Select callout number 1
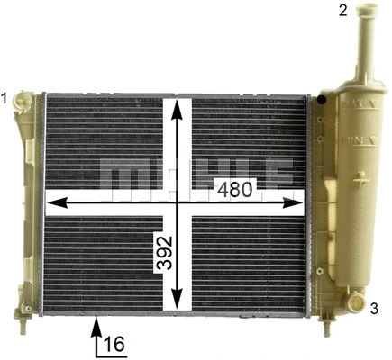point(6,97)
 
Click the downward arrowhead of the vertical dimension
point(178,303)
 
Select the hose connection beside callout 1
point(27,101)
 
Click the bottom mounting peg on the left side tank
point(22,317)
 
